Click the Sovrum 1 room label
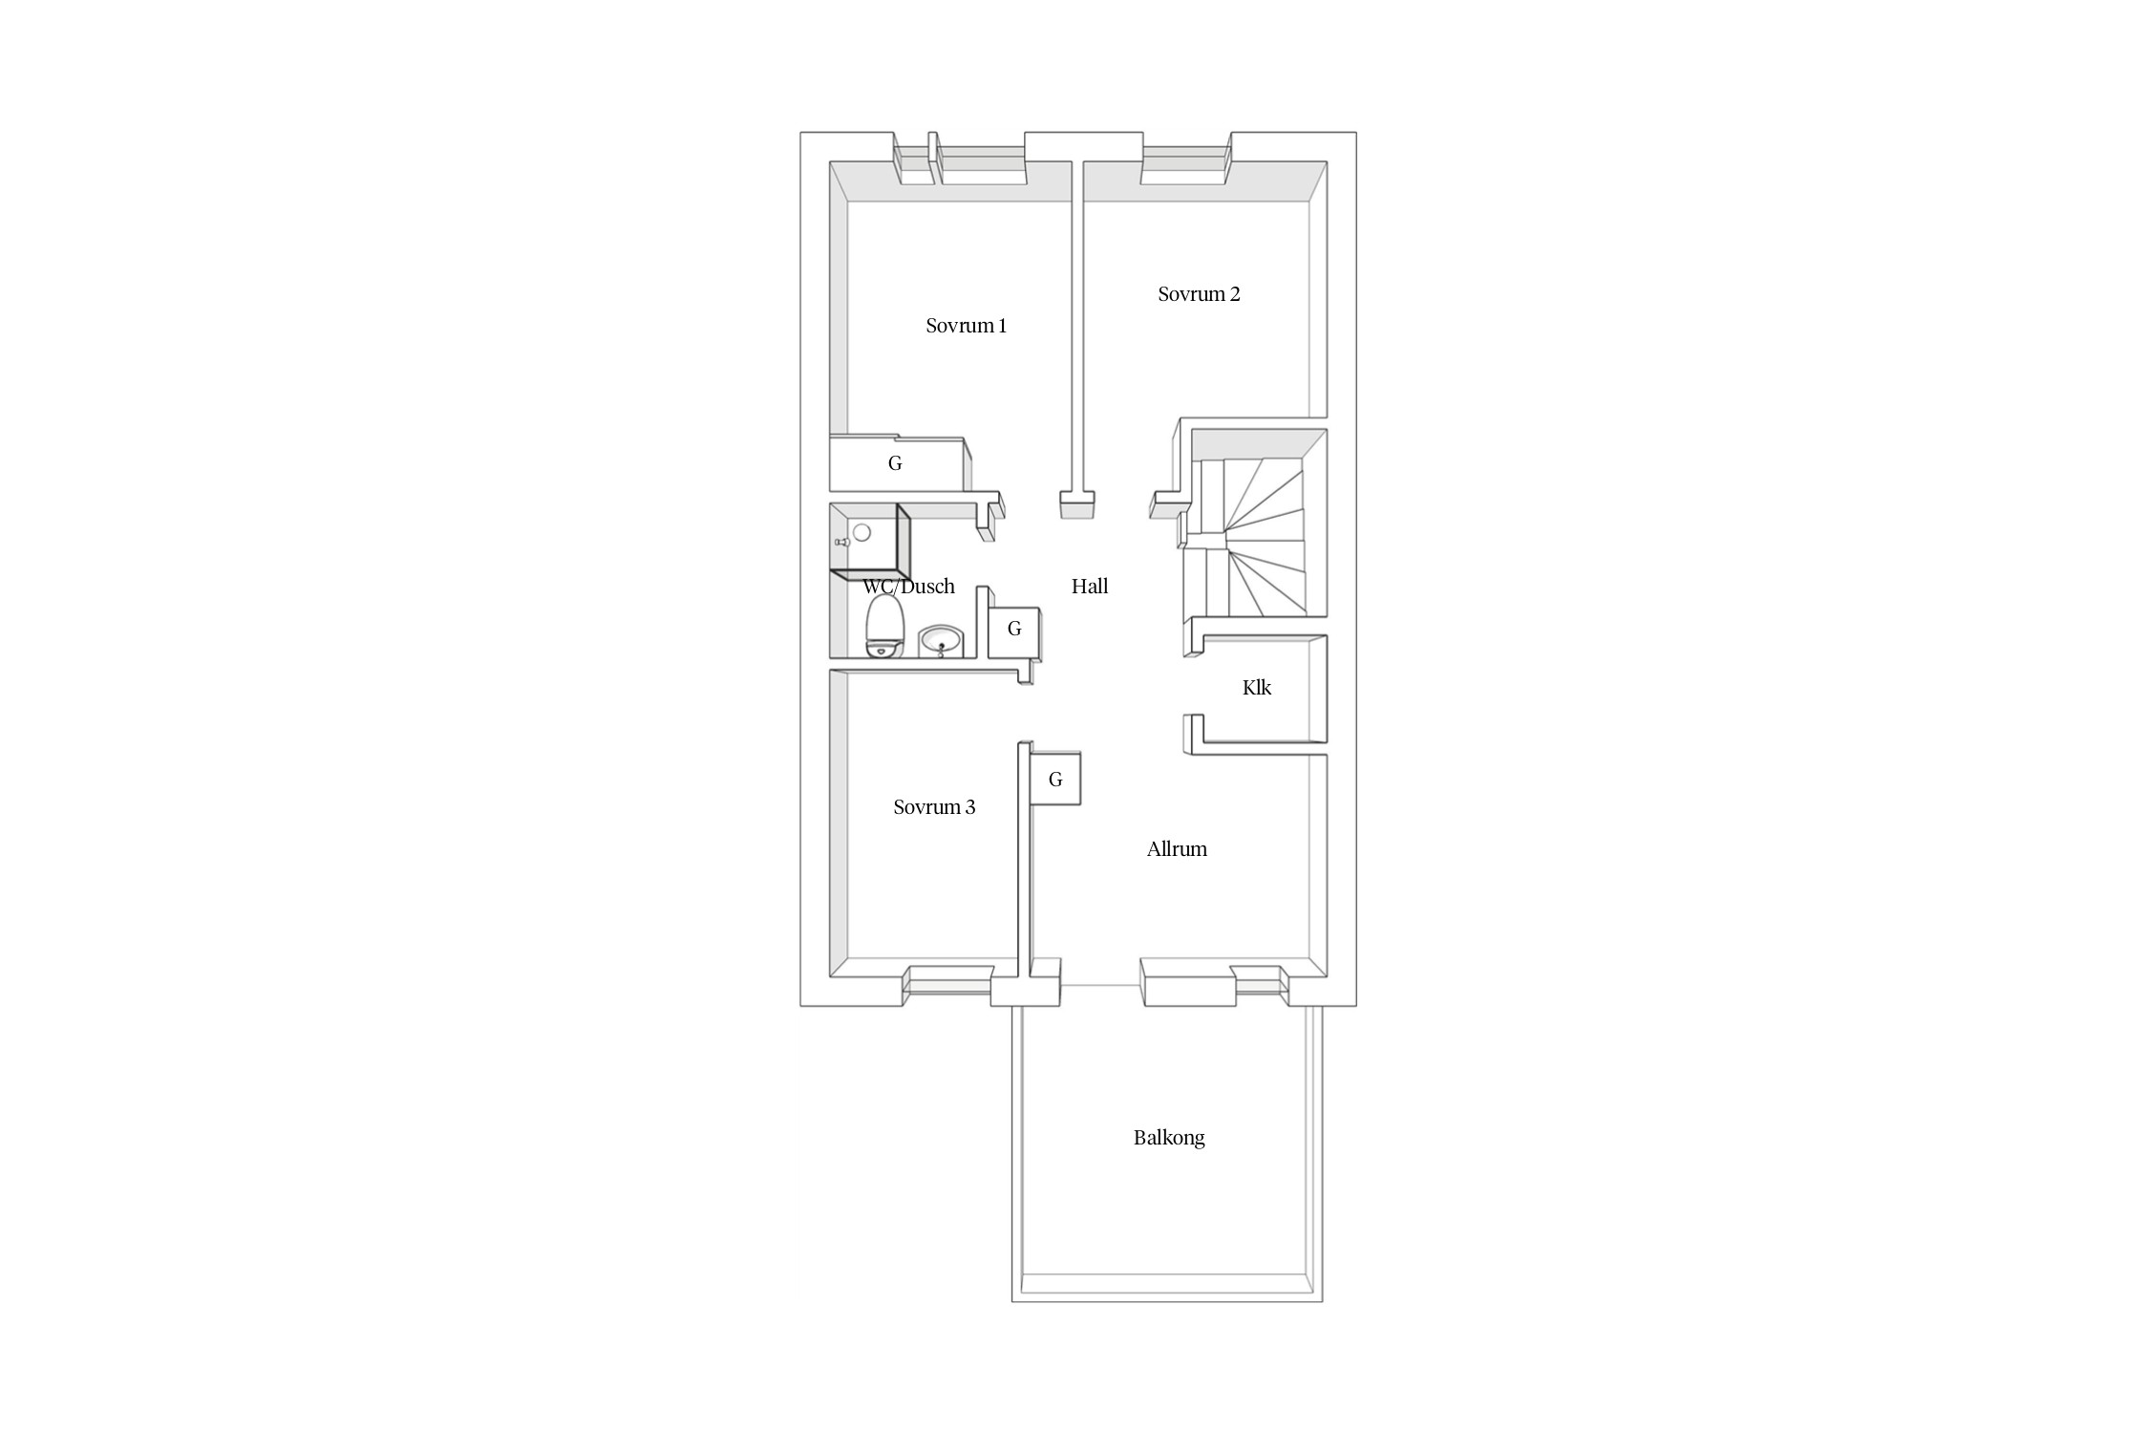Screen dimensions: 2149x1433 (966, 326)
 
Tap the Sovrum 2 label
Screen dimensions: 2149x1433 (1199, 294)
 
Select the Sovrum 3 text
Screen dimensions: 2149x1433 (934, 807)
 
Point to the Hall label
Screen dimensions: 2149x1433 (1090, 587)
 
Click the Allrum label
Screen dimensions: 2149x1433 (1177, 849)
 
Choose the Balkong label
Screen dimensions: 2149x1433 (1169, 1138)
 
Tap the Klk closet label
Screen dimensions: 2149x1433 (1257, 688)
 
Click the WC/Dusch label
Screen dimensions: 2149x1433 (908, 587)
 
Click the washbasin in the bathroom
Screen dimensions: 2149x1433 (942, 641)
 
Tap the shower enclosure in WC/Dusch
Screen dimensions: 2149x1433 (870, 542)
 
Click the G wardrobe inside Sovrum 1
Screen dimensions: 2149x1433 (895, 463)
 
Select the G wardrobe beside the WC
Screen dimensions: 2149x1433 (1014, 631)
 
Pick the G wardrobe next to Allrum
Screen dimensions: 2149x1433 (1055, 780)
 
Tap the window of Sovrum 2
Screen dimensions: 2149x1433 (1185, 165)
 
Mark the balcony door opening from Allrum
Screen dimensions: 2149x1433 (1101, 984)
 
